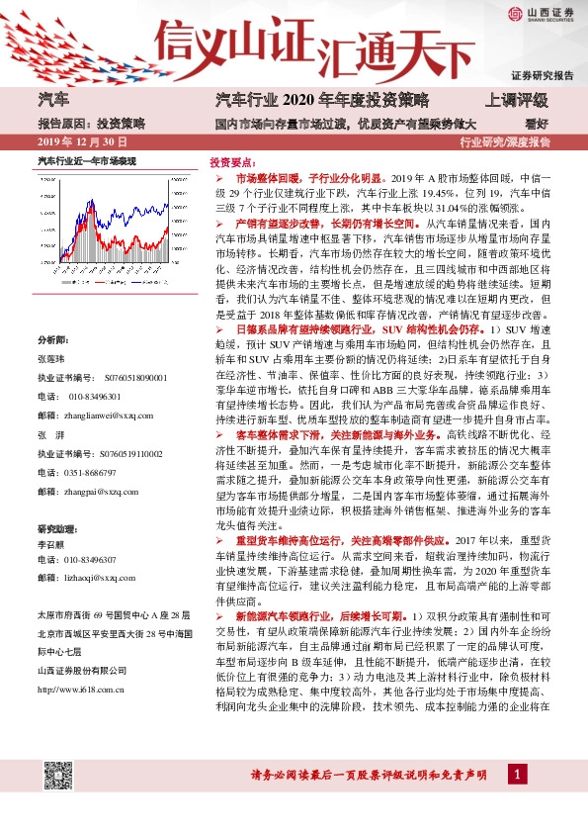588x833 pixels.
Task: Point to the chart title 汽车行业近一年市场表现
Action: pyautogui.click(x=86, y=159)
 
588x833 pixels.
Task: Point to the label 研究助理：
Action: pyautogui.click(x=56, y=527)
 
